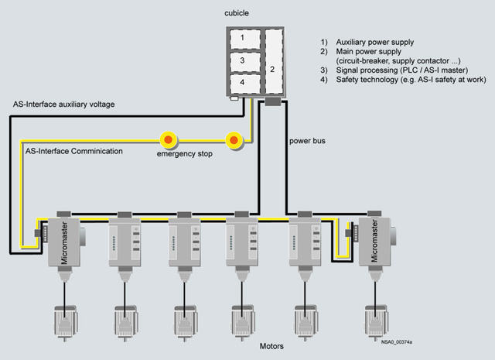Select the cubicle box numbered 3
click(242, 60)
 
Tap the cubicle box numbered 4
click(242, 82)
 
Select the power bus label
click(307, 142)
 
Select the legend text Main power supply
click(371, 51)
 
